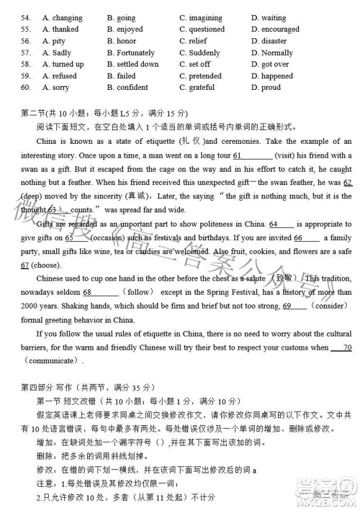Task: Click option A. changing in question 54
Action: pos(62,17)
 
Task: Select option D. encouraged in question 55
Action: pos(275,29)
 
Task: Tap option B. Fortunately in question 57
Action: pos(131,53)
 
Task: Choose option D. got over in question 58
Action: pos(271,64)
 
